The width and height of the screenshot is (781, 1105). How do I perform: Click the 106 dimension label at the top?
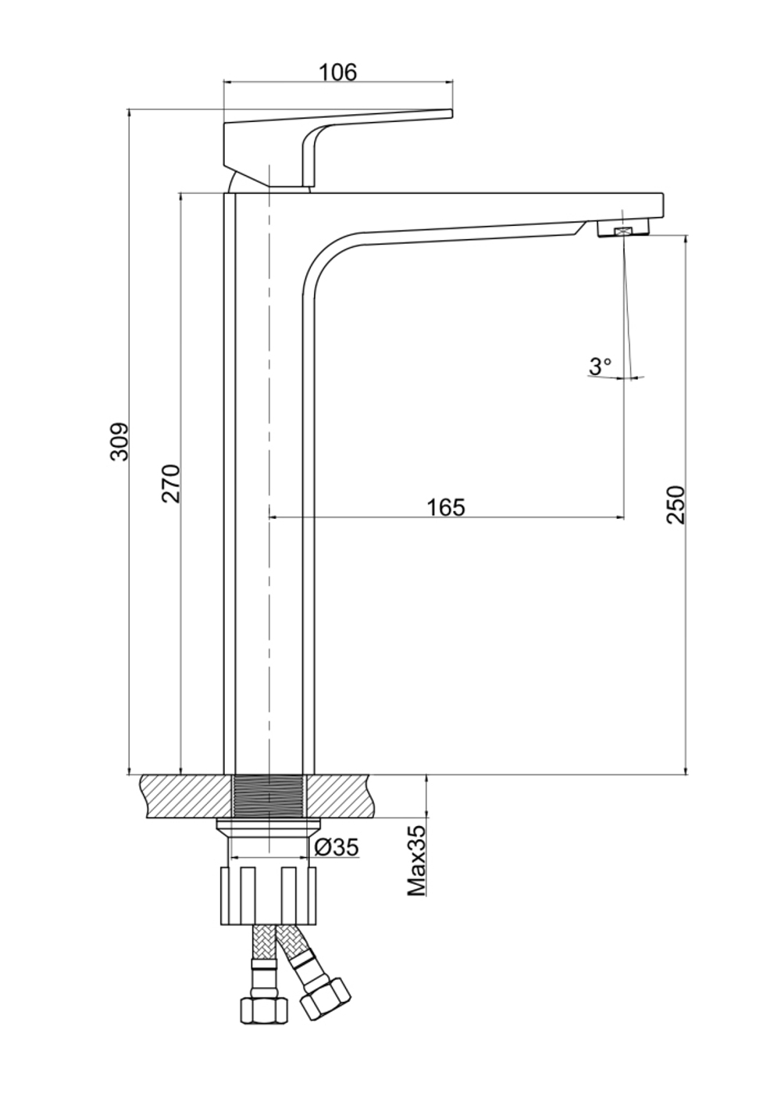[x=337, y=73]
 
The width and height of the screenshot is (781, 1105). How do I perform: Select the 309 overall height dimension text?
[x=119, y=442]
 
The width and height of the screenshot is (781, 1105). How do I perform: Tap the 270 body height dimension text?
[x=172, y=483]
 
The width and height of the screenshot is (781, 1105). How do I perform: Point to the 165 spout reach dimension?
[x=446, y=507]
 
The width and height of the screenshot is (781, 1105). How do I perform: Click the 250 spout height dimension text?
[x=676, y=505]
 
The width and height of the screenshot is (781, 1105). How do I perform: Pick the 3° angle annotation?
[x=600, y=367]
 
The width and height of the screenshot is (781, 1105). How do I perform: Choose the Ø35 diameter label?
[x=337, y=848]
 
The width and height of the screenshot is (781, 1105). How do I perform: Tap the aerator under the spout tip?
[x=624, y=229]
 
